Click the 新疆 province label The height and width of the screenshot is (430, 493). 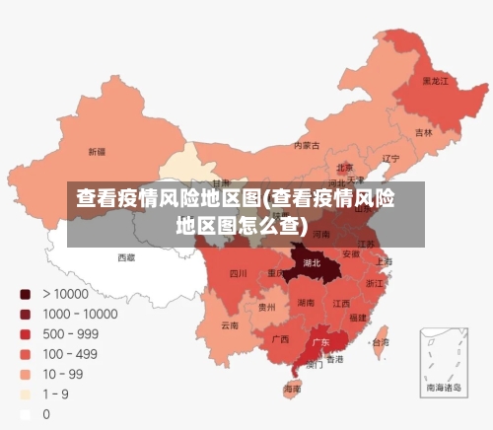(97, 152)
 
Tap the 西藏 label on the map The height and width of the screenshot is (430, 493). (126, 257)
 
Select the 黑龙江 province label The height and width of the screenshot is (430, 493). (435, 81)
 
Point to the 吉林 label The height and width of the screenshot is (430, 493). (423, 132)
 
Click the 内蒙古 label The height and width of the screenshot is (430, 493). (307, 145)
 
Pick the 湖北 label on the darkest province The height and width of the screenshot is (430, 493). (312, 263)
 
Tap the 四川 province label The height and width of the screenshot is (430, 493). (239, 273)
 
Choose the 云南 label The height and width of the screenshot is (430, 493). (230, 324)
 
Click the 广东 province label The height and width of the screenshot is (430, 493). (320, 342)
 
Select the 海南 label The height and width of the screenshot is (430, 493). (293, 389)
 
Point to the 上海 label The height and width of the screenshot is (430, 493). (384, 262)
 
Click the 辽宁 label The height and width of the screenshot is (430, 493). (390, 158)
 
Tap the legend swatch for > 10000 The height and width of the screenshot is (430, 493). (25, 293)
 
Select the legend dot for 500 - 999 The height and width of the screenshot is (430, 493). (25, 333)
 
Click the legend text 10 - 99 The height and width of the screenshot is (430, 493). (62, 374)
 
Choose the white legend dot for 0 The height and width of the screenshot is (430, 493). (25, 414)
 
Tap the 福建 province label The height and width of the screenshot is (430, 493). (357, 318)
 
